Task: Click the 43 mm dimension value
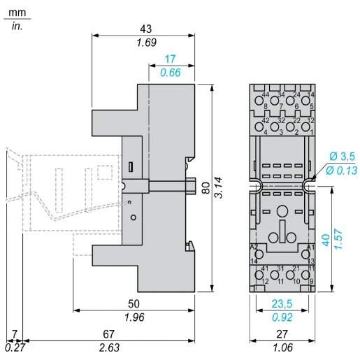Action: [145, 29]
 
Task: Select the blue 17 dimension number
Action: [170, 59]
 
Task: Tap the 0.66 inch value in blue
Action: [170, 73]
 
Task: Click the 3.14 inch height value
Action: [219, 187]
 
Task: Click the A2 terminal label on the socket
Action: [254, 247]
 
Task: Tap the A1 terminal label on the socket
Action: [310, 247]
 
